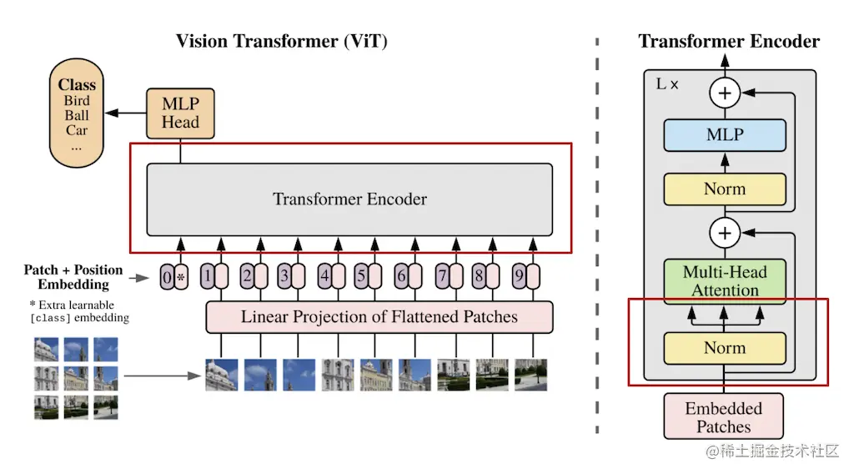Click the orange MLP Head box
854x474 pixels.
(x=180, y=113)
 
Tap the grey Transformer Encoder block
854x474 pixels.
(x=349, y=199)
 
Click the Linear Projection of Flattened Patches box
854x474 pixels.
(x=379, y=317)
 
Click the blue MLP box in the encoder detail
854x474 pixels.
(x=725, y=134)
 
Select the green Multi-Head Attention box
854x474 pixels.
(x=725, y=280)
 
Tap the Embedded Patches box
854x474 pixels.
(x=724, y=417)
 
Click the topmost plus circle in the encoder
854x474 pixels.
(x=725, y=93)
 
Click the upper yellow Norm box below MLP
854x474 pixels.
(x=725, y=189)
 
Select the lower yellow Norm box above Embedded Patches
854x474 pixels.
(x=725, y=348)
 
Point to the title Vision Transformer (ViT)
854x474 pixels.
(x=282, y=42)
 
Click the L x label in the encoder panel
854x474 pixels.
(x=667, y=84)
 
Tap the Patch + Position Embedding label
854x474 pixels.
(x=73, y=277)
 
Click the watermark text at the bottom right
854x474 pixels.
(x=772, y=451)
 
